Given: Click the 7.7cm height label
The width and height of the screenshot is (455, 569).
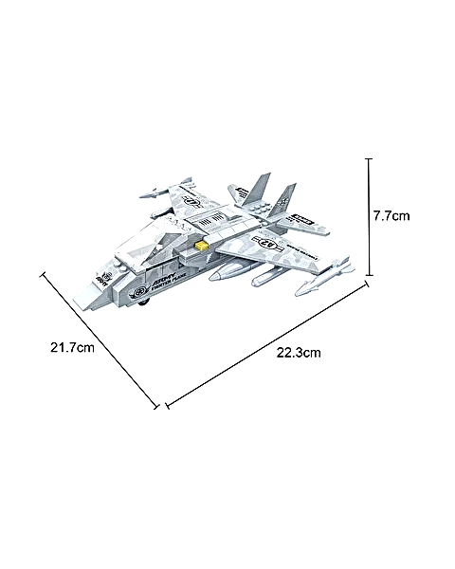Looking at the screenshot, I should [391, 216].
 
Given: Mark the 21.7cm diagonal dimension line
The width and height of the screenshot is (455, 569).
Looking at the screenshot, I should [99, 340].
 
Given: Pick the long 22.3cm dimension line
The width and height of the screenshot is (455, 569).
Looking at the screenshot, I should [265, 344].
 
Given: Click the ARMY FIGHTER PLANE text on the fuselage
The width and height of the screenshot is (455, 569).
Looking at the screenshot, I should [172, 290].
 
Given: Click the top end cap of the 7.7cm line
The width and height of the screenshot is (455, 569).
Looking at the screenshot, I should [369, 159].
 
